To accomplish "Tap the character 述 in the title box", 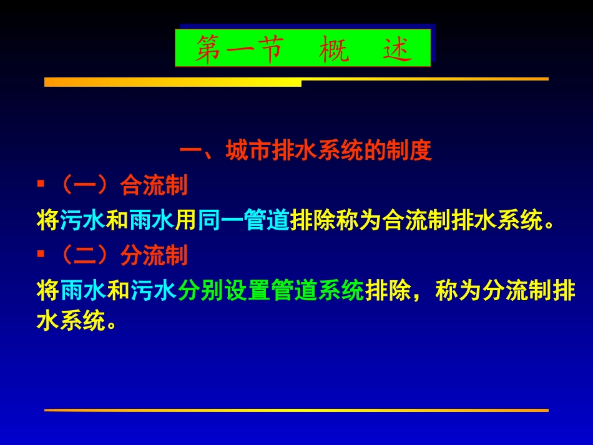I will tap(398, 49).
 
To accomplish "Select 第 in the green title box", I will tap(210, 49).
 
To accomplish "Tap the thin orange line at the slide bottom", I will tap(296, 410).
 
